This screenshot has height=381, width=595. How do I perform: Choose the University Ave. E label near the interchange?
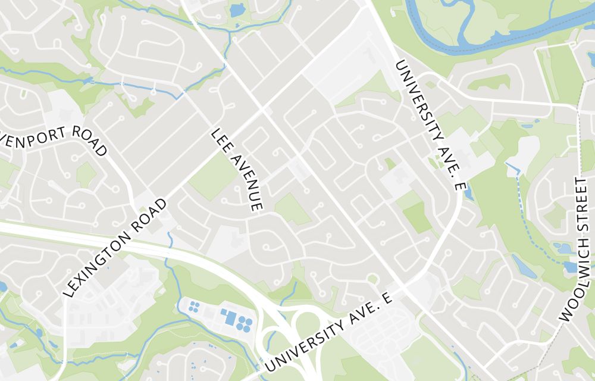coord(330,333)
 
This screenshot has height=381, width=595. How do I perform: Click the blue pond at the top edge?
coord(237,10)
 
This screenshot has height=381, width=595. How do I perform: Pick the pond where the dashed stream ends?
coord(571,267)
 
